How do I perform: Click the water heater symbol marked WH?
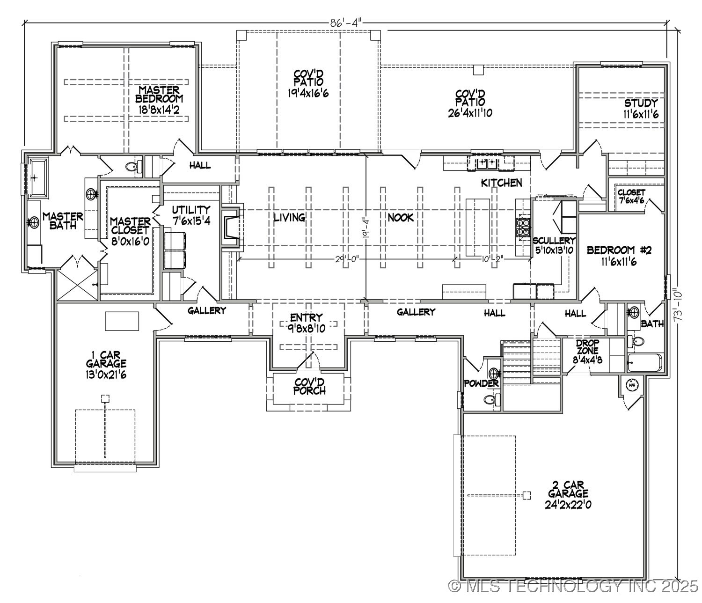click(632, 384)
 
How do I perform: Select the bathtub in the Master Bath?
click(37, 177)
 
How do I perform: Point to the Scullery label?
click(554, 245)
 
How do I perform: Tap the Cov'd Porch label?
click(309, 386)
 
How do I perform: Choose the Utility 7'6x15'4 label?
click(190, 214)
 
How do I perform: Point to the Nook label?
click(400, 218)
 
